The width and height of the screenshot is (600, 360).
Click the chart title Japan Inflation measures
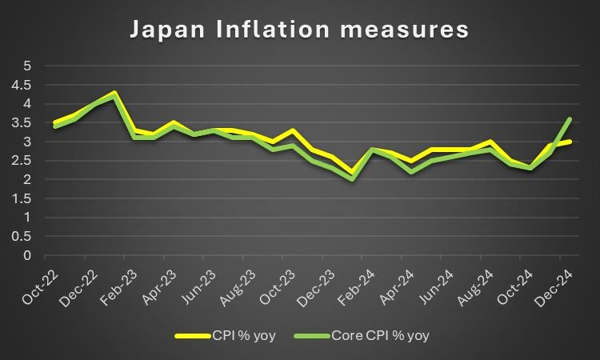tap(300, 30)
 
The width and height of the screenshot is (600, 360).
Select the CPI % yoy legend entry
tap(226, 336)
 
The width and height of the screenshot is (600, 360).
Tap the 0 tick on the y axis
tap(27, 256)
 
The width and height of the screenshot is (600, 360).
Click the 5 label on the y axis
tap(27, 66)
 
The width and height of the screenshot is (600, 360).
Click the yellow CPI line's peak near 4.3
tap(114, 92)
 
